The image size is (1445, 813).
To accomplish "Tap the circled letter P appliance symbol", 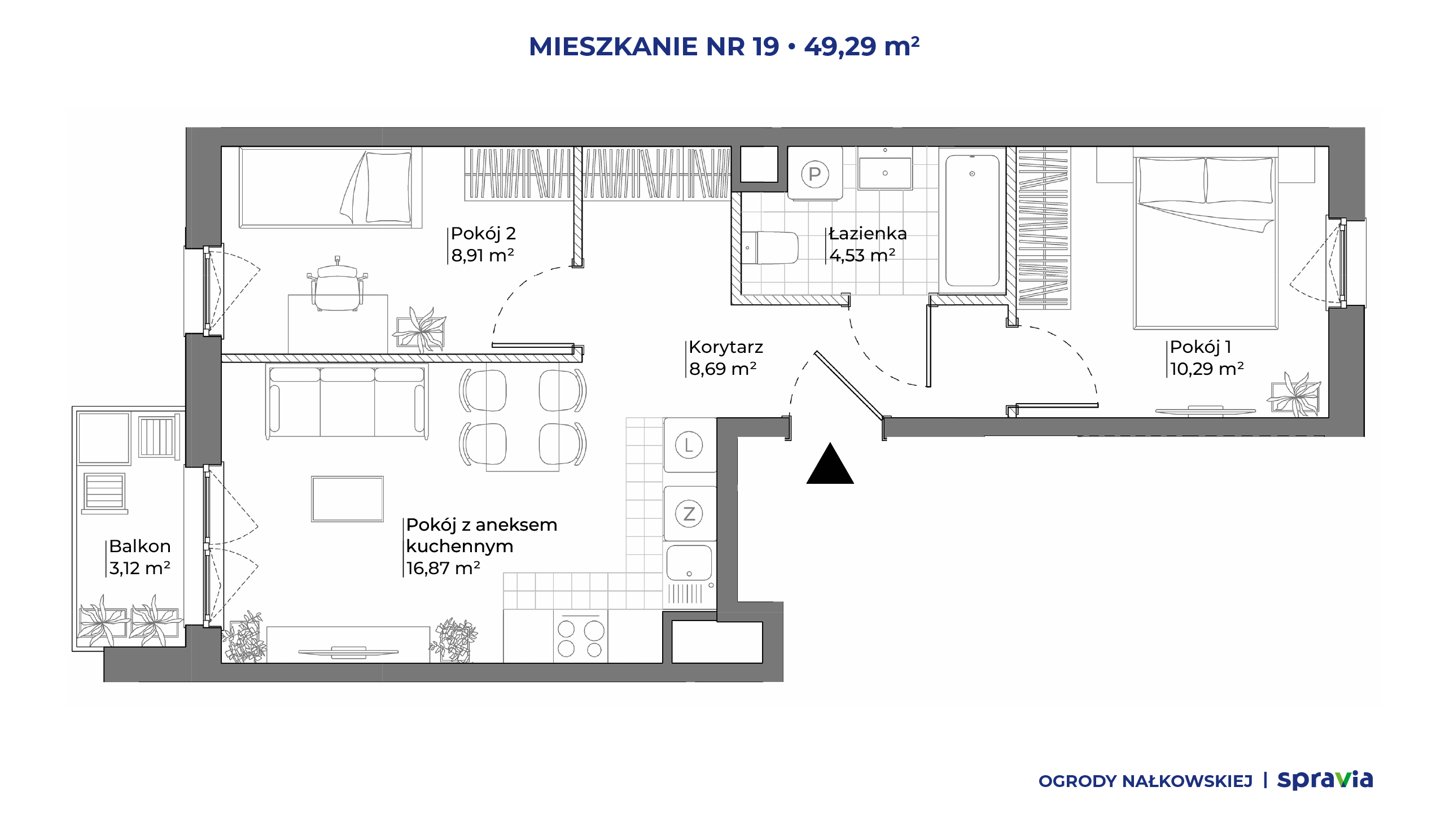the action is tap(815, 174).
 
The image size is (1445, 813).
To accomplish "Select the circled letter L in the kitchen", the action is tap(689, 445).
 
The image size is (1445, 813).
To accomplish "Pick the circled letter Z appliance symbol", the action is tap(689, 514).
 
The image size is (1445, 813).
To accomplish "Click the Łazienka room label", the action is tap(868, 233).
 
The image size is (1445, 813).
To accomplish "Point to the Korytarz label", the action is tap(726, 347).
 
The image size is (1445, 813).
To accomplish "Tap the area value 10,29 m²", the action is tap(1207, 369).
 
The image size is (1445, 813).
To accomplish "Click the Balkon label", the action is tap(140, 546).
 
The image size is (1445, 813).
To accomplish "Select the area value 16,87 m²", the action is tap(443, 568).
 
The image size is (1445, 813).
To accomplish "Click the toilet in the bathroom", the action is tap(769, 247).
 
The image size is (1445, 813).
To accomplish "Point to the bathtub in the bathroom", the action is tap(972, 221).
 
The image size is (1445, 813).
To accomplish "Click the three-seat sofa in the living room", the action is tap(347, 401).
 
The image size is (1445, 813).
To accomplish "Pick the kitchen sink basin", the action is tap(689, 563).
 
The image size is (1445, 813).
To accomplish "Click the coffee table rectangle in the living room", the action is tap(347, 499).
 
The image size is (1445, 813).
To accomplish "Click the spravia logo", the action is tap(1325, 780).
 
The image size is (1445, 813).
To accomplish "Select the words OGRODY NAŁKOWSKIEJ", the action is tap(1145, 781).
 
